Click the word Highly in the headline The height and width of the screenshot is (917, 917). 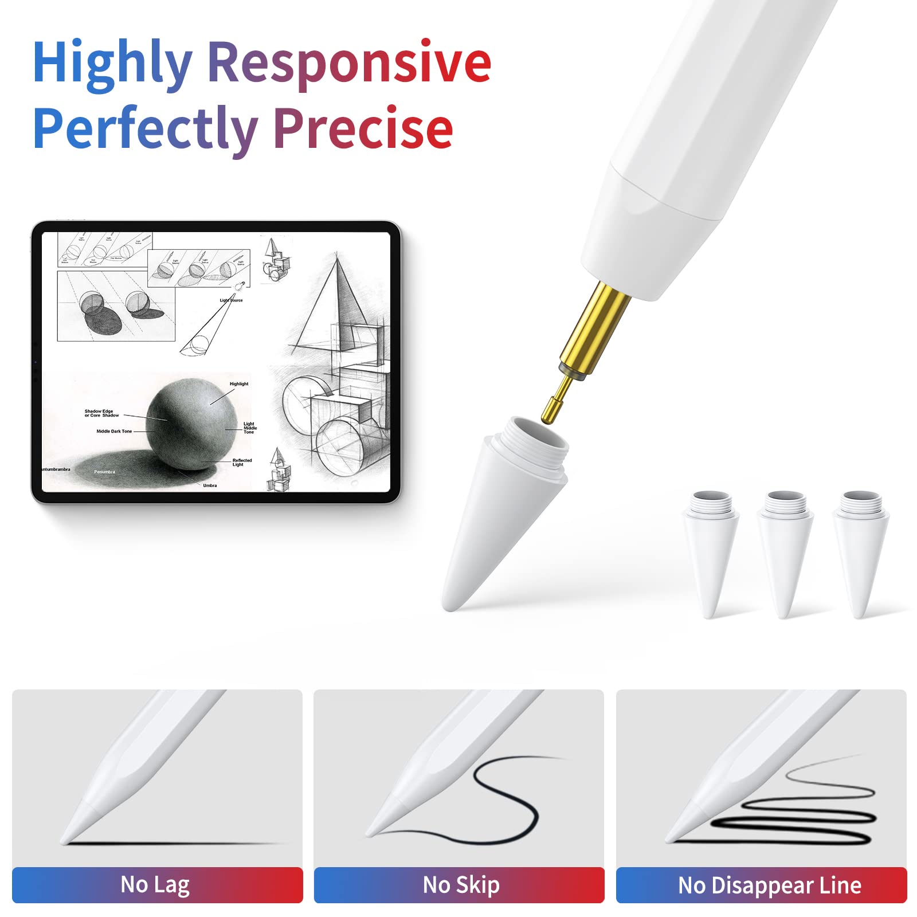[x=112, y=63]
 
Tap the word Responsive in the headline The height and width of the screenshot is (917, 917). [x=348, y=63]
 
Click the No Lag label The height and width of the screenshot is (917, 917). [x=155, y=884]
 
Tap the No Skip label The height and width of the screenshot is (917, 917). [x=461, y=884]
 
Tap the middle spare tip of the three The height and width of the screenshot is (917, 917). [x=785, y=550]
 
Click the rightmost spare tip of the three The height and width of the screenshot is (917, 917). [x=860, y=550]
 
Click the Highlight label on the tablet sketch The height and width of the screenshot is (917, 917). [x=239, y=384]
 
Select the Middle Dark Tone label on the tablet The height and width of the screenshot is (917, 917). [x=114, y=431]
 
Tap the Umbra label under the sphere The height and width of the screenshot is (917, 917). [x=210, y=485]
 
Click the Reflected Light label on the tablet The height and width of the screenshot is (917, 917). [x=241, y=462]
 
